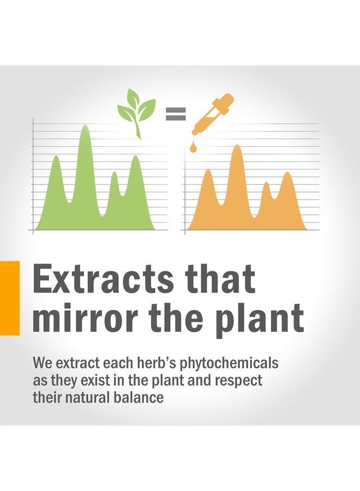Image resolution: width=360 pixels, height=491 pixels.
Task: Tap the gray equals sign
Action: point(176,113)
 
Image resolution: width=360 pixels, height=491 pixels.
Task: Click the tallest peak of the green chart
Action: point(85,126)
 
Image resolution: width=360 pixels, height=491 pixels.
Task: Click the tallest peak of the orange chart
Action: point(237,146)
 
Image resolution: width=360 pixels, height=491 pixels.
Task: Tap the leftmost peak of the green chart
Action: point(56,156)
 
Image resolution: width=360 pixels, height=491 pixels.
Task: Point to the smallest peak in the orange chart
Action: point(266,183)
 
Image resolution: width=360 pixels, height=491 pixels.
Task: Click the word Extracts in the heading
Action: point(103,278)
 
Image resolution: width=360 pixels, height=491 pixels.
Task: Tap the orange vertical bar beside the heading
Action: point(10,297)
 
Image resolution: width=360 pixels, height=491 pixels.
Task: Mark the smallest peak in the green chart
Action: point(115,173)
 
